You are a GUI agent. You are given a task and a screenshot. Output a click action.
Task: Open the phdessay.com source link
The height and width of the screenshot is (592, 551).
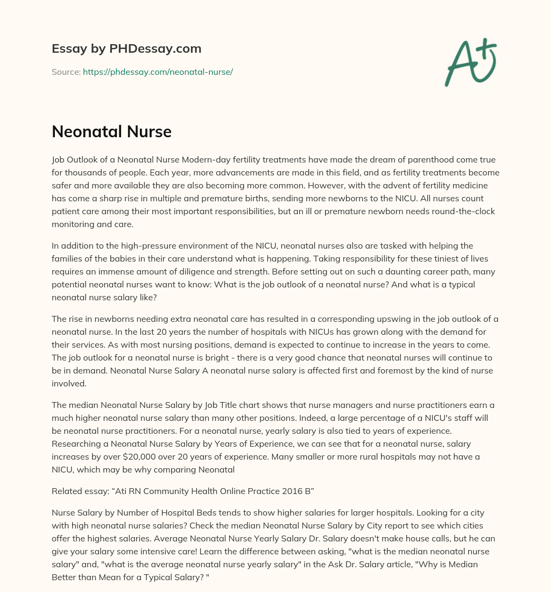pos(158,72)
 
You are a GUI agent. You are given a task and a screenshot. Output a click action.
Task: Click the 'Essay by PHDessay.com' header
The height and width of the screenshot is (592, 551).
pos(126,48)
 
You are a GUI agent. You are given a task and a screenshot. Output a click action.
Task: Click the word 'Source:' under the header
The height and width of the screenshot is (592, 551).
pos(66,72)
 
